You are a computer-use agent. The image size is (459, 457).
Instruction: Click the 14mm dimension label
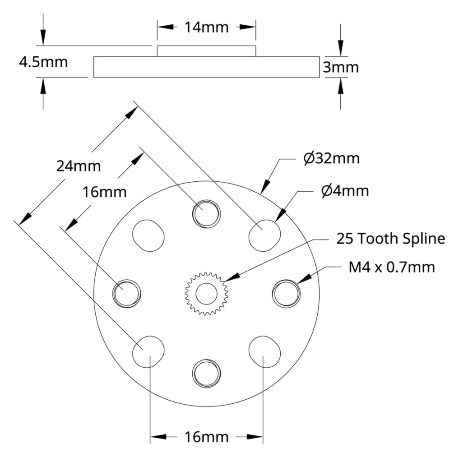point(206,28)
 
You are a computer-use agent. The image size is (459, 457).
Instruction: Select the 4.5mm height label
point(43,62)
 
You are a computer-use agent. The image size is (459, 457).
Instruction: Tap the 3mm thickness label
point(341,68)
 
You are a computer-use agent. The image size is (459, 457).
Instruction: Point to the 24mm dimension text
point(79,166)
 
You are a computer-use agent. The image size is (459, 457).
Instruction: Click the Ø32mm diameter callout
point(332,159)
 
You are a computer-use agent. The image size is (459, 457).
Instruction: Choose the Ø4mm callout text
point(345,191)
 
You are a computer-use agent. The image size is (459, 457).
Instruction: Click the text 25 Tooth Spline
point(391,239)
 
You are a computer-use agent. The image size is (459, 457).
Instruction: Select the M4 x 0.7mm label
point(392,268)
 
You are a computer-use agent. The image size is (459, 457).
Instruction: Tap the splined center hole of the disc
point(207,294)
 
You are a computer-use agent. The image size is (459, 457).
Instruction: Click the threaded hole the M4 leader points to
point(286,293)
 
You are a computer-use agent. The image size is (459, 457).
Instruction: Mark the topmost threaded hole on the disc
point(207,213)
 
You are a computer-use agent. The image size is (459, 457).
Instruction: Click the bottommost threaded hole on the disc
point(207,373)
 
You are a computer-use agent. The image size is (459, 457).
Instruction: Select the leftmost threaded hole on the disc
point(127,293)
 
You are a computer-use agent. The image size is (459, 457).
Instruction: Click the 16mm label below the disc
point(206,437)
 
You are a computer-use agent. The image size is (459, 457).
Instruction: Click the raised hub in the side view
point(206,51)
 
